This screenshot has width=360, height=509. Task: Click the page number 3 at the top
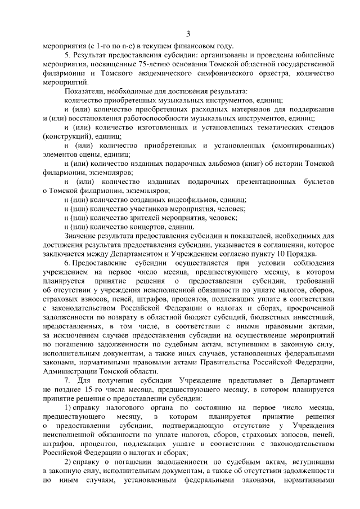pyautogui.click(x=189, y=33)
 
